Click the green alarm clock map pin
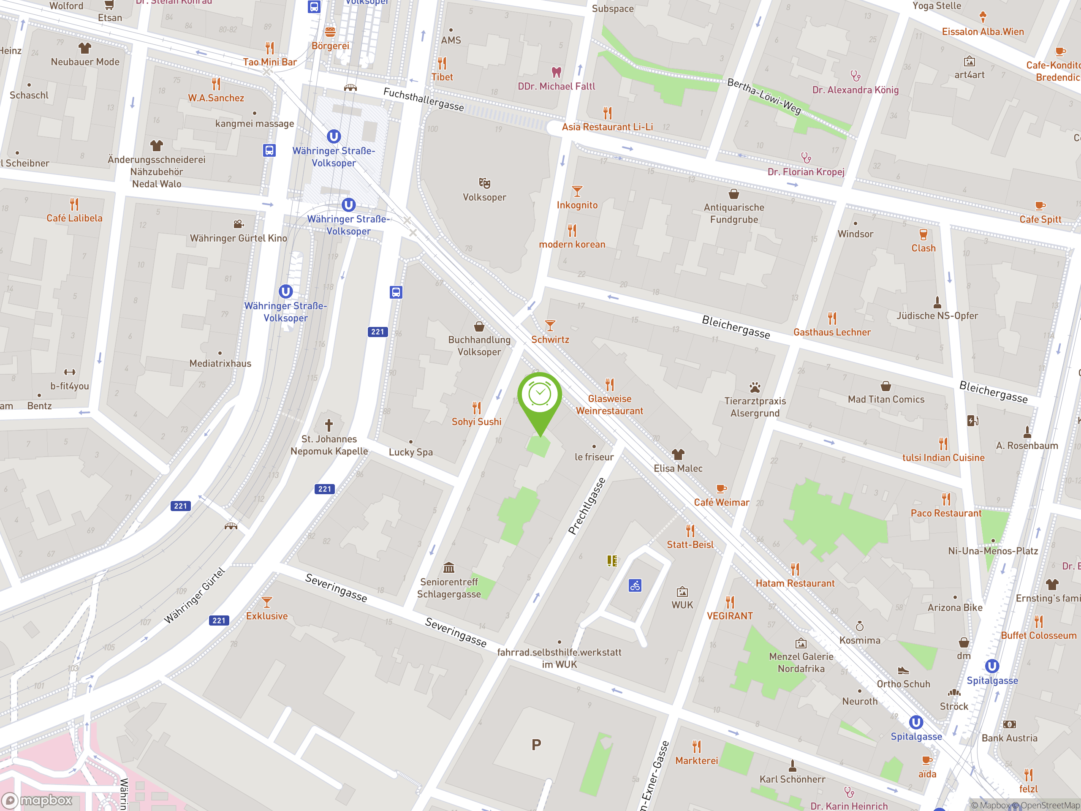click(x=540, y=396)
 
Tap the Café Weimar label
click(x=721, y=503)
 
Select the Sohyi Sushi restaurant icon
click(x=476, y=408)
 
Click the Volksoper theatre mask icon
click(x=484, y=183)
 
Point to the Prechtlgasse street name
click(x=587, y=506)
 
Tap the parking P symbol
click(x=536, y=745)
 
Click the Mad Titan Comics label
click(x=885, y=400)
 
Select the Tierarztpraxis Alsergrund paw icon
click(x=755, y=388)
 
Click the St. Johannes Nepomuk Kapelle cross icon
click(x=329, y=425)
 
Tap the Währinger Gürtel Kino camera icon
click(x=239, y=224)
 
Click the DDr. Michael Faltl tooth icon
click(x=556, y=72)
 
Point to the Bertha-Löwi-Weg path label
click(x=764, y=96)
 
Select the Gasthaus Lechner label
click(x=832, y=332)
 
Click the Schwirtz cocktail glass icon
click(x=550, y=326)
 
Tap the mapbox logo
click(x=38, y=800)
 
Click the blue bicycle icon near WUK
click(x=635, y=585)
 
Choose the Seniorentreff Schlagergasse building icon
click(x=448, y=568)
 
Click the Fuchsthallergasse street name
click(x=423, y=99)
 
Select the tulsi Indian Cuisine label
click(x=942, y=457)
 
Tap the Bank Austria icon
click(x=1009, y=724)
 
